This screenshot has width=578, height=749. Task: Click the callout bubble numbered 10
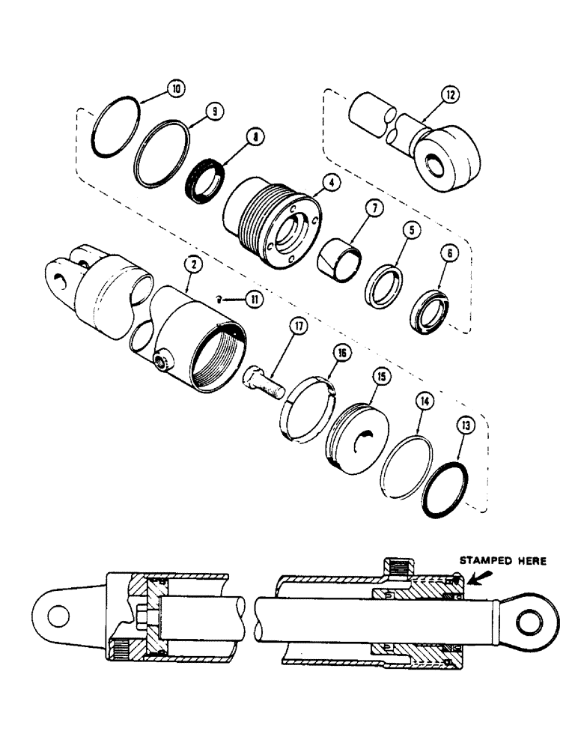(175, 88)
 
